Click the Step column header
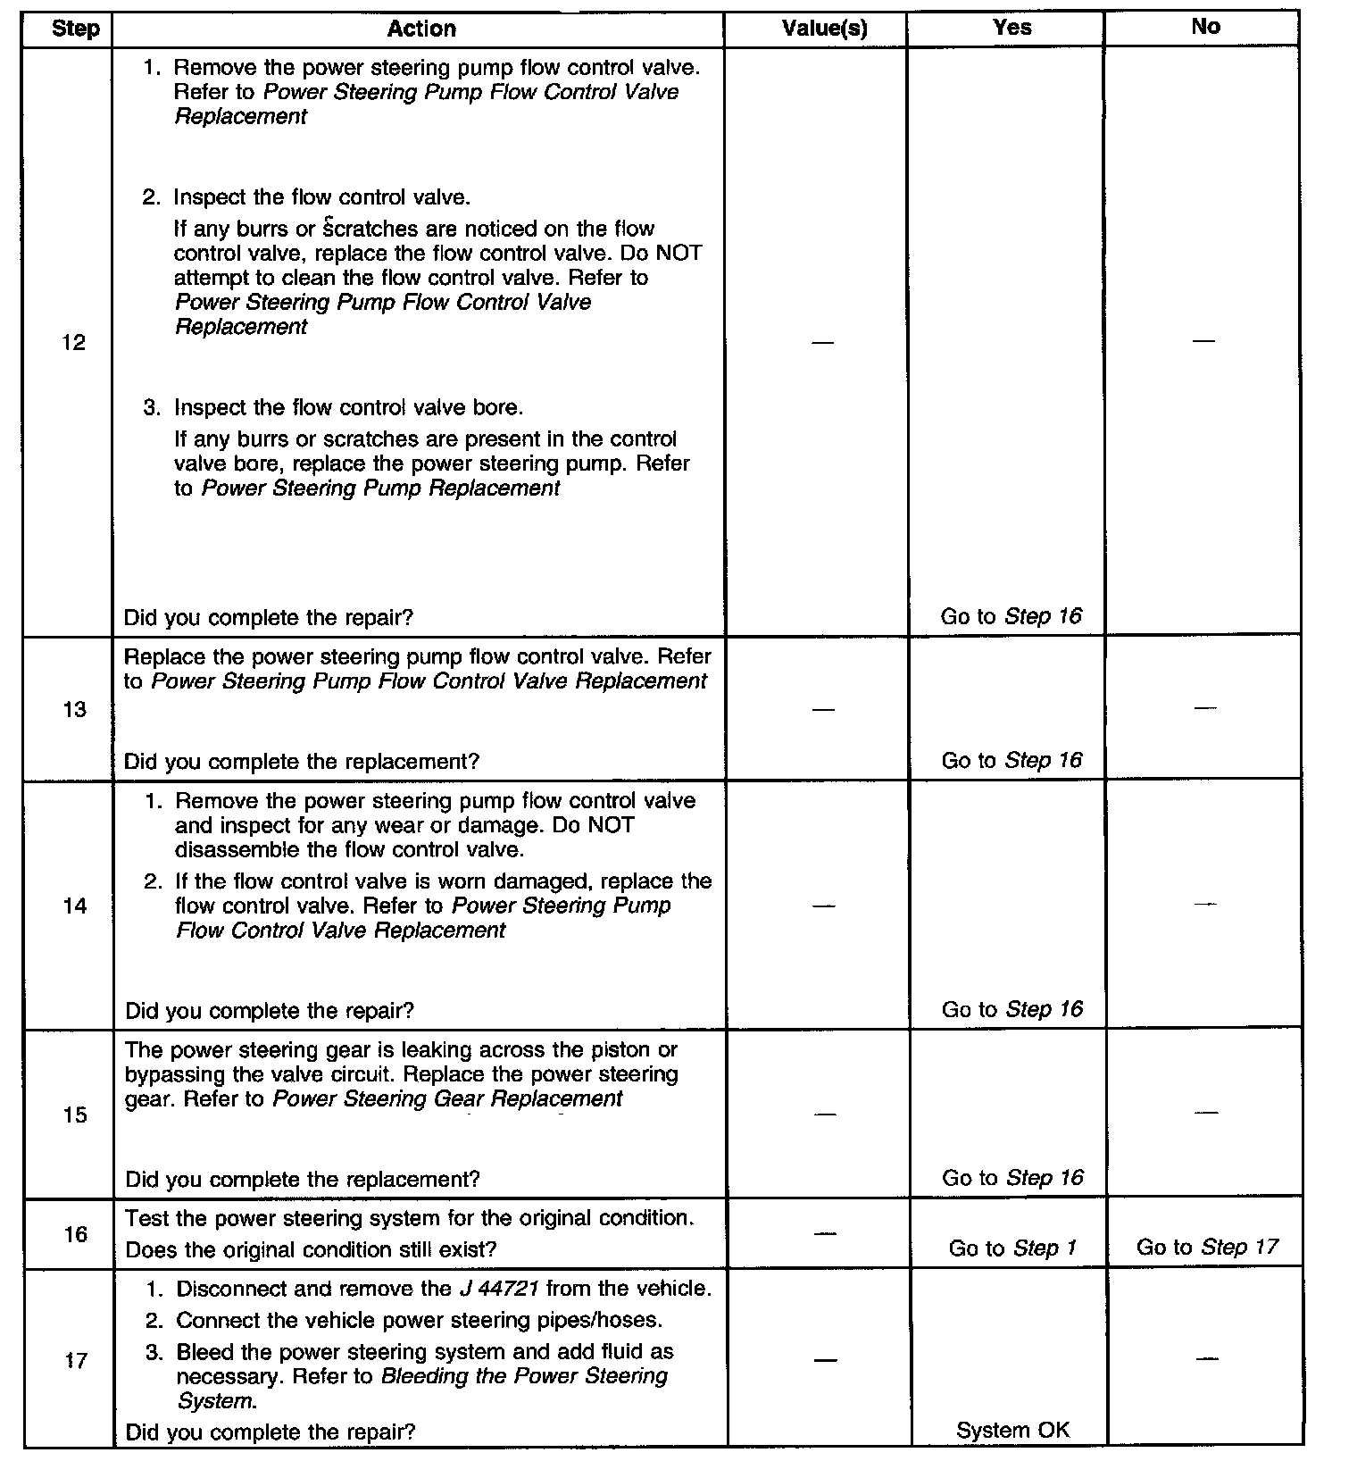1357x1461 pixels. coord(76,29)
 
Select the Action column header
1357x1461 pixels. coord(421,29)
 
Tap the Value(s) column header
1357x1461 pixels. coord(824,29)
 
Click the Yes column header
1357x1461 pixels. coord(1012,28)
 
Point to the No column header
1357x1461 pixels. coord(1205,27)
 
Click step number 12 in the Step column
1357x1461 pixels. coord(74,343)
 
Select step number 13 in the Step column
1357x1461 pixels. coord(74,710)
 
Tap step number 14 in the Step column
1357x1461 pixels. coord(75,906)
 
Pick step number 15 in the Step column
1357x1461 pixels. coord(75,1115)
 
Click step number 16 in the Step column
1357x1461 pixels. coord(75,1234)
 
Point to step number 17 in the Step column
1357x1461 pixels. coord(75,1361)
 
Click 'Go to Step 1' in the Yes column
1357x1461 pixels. coord(1012,1248)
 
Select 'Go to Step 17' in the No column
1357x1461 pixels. coord(1207,1247)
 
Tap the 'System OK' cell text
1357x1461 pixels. coord(1012,1431)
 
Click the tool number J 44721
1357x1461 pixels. coord(498,1289)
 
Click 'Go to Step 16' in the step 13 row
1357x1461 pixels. coord(1012,761)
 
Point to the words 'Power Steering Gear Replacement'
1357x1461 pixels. coord(447,1098)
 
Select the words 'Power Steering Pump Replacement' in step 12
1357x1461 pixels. coord(381,488)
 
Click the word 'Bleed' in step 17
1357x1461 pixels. coord(202,1352)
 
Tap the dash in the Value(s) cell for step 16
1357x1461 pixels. coord(826,1234)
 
